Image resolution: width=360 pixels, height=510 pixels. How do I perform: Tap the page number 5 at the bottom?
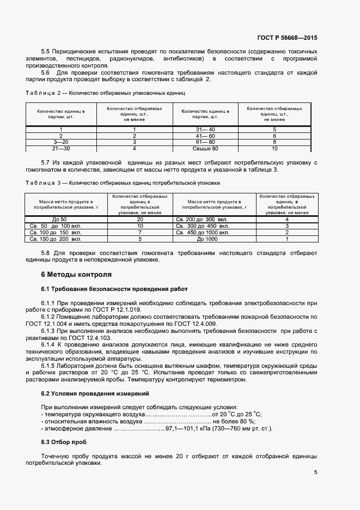316,472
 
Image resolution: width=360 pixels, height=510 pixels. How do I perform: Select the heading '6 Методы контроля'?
76,274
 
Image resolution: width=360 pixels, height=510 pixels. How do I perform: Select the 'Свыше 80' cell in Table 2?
205,148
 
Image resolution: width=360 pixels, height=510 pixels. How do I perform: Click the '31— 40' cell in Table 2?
205,129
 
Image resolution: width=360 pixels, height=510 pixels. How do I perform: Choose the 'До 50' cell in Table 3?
59,219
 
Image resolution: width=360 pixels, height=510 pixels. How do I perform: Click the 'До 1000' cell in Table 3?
207,239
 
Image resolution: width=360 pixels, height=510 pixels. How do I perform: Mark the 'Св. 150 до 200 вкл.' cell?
55,239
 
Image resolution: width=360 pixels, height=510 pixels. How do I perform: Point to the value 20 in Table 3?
140,219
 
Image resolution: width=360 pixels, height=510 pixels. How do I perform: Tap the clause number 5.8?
46,253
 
